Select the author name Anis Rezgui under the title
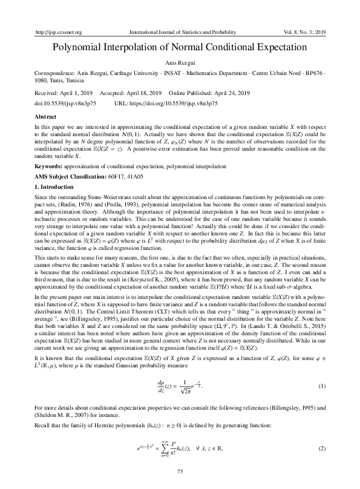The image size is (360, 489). pyautogui.click(x=180, y=62)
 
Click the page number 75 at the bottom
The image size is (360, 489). pyautogui.click(x=180, y=471)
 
